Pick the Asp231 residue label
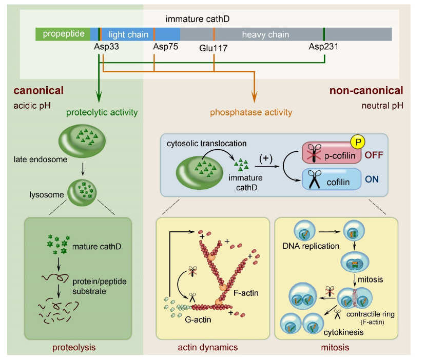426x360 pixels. [x=324, y=47]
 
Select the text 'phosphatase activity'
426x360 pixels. [x=251, y=111]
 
